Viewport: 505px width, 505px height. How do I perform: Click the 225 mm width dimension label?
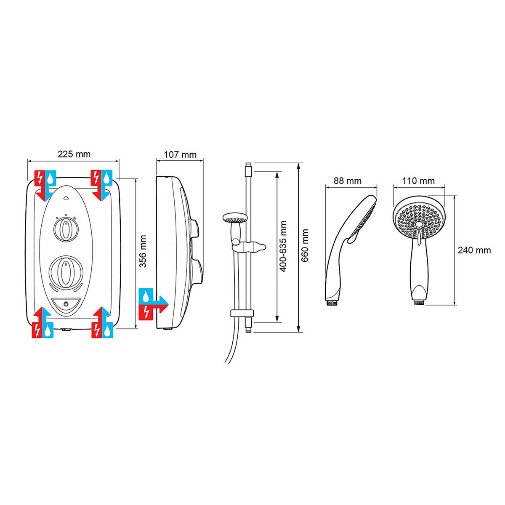point(74,154)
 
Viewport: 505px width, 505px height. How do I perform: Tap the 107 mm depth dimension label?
point(180,154)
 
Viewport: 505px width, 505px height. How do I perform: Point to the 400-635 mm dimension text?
point(283,246)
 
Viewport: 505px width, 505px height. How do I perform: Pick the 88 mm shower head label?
point(347,181)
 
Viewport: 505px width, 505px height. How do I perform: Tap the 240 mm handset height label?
point(474,250)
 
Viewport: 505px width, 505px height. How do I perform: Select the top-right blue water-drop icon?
point(107,178)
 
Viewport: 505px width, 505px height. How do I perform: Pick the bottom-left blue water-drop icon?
point(49,330)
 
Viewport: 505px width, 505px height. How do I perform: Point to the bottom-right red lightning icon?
point(97,330)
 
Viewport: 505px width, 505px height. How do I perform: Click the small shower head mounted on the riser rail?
point(235,218)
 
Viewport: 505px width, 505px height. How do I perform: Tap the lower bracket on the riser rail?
point(242,313)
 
